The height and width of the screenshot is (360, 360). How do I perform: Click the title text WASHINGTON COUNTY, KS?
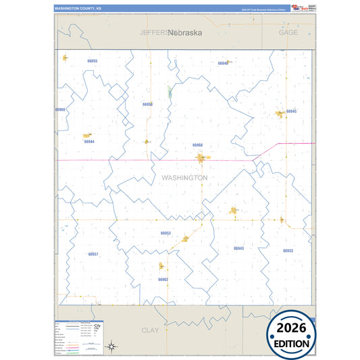click(x=74, y=9)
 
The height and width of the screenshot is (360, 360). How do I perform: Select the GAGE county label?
click(x=288, y=32)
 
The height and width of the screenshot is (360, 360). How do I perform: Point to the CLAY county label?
click(x=150, y=330)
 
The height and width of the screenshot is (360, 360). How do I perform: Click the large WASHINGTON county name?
click(x=184, y=178)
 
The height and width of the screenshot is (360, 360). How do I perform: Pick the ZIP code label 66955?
click(x=93, y=61)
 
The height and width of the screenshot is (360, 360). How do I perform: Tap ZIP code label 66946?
click(x=223, y=63)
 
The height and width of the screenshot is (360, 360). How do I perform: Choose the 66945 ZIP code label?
click(x=291, y=111)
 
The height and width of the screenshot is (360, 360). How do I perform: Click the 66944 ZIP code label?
click(x=89, y=142)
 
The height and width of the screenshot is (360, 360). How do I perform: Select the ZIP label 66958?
click(x=147, y=105)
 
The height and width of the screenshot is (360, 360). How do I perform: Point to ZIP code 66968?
click(x=197, y=145)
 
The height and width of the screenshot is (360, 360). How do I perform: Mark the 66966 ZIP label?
click(x=60, y=109)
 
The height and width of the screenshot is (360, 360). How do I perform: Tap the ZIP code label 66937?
click(x=93, y=254)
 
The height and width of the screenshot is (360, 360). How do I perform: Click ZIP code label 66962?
click(x=163, y=279)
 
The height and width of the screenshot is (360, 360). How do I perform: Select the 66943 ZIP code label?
click(x=238, y=249)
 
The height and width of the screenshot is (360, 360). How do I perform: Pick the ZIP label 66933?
click(x=288, y=251)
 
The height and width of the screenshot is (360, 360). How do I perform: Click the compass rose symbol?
click(x=113, y=347)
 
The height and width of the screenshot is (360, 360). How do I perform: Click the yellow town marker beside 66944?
click(x=86, y=135)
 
